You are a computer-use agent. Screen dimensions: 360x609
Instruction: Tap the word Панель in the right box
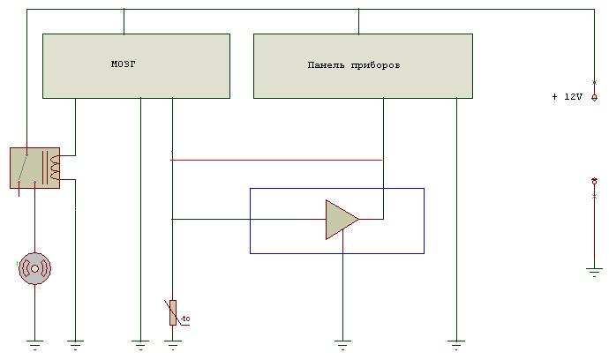[x=326, y=65]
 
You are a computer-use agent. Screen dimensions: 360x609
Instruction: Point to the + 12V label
[x=567, y=97]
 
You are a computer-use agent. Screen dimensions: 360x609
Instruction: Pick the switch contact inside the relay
[x=26, y=167]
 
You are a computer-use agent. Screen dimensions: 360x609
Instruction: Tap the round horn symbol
[x=35, y=268]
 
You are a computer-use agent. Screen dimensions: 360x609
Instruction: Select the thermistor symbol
[x=172, y=312]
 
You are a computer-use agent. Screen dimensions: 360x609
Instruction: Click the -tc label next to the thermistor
[x=184, y=318]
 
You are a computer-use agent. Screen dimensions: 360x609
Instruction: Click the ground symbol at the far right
[x=594, y=273]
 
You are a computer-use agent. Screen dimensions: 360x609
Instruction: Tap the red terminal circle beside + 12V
[x=594, y=97]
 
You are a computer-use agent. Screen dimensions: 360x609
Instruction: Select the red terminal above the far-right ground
[x=594, y=181]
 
